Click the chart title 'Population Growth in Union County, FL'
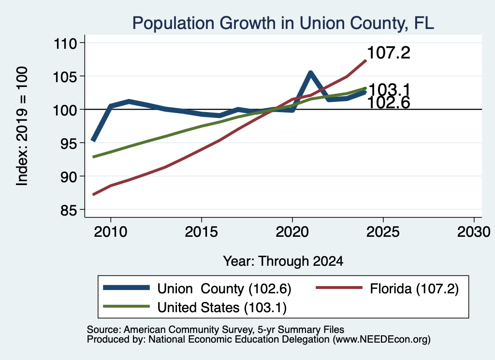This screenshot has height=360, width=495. click(283, 23)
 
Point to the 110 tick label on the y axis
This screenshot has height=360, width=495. click(65, 43)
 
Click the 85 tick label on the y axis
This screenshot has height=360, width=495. click(69, 210)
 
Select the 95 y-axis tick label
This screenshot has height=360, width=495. click(69, 143)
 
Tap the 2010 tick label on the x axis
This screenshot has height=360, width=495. click(111, 232)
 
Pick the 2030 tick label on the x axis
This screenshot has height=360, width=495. click(474, 232)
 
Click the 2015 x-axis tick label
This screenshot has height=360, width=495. click(201, 232)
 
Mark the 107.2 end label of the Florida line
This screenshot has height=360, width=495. click(389, 53)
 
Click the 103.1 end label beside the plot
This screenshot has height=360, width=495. click(389, 89)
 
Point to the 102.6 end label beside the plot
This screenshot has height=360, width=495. click(389, 103)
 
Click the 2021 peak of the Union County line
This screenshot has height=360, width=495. click(311, 73)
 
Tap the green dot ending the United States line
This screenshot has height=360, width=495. click(365, 88)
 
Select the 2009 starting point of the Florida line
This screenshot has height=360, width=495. click(93, 194)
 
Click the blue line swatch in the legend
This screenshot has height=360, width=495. click(126, 288)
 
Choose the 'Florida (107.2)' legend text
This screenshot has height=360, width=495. click(414, 289)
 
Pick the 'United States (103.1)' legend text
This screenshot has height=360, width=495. click(222, 308)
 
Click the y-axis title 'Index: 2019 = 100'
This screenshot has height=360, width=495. click(22, 126)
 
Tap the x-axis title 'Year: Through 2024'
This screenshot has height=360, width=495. click(283, 261)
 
